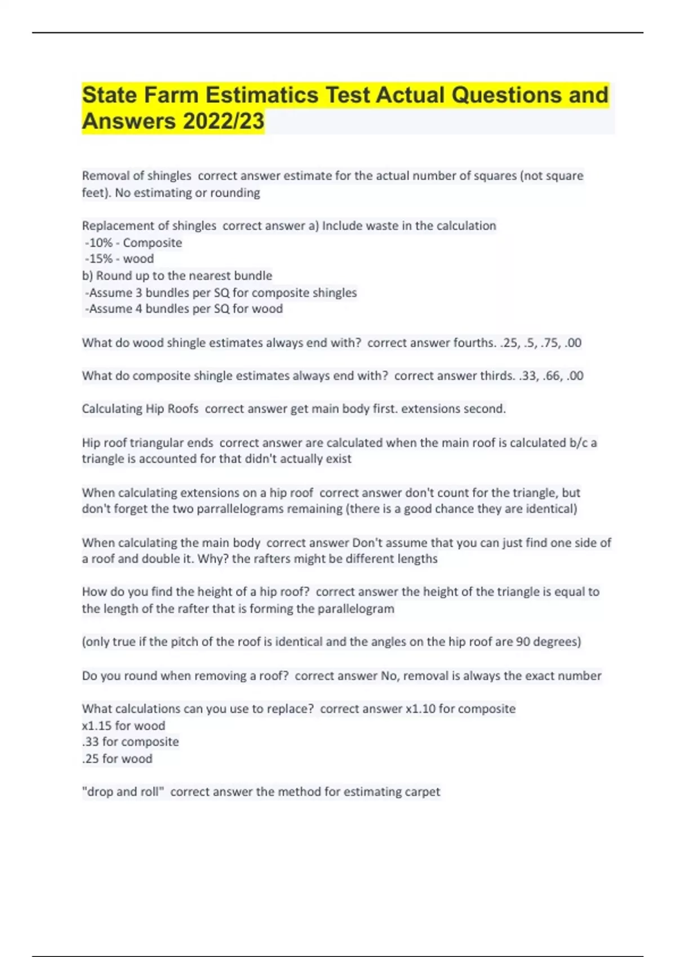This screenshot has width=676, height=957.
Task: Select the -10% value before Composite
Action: click(x=99, y=243)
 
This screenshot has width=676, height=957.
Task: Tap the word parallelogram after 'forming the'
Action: click(x=356, y=609)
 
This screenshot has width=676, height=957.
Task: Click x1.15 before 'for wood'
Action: click(x=96, y=726)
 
